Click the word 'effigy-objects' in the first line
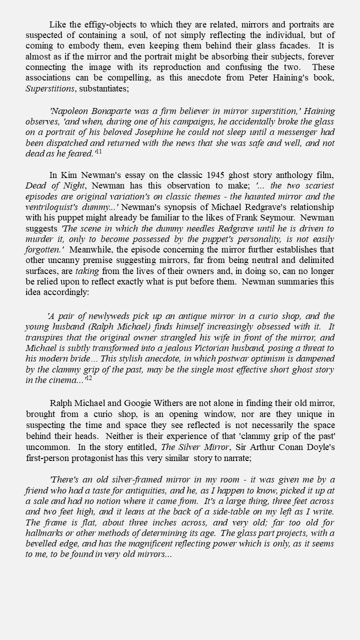(x=110, y=25)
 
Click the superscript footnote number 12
(x=88, y=378)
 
